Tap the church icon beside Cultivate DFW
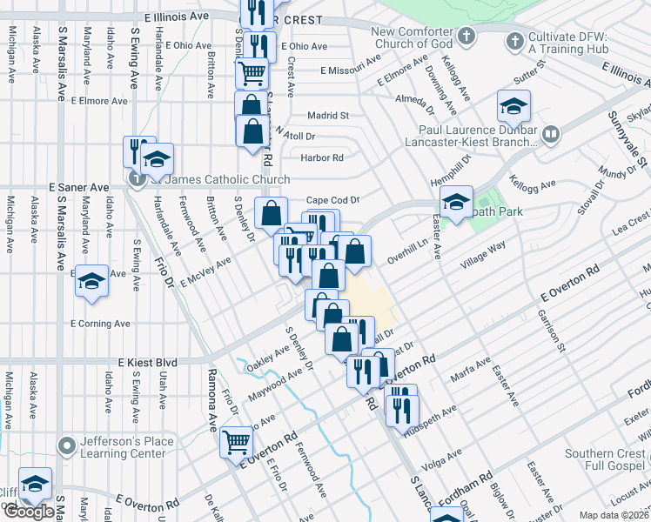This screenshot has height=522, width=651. (515, 40)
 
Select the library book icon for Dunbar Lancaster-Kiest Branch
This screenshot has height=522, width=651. (550, 135)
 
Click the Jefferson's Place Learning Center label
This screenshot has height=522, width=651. (121, 447)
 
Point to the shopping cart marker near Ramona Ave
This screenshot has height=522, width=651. (237, 442)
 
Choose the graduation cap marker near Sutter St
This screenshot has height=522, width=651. (513, 107)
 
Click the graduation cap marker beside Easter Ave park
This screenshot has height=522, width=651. (456, 203)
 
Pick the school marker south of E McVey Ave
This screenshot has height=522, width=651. (91, 282)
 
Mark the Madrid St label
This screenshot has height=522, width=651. (328, 115)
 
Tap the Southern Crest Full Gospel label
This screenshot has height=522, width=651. (606, 460)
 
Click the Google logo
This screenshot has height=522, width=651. (29, 512)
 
